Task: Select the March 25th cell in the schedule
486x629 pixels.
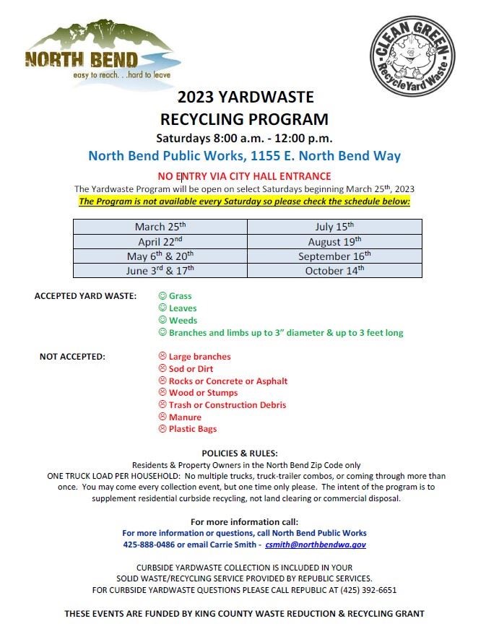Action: (160, 226)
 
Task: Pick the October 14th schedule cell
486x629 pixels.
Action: (334, 270)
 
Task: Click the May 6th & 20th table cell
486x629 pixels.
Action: (160, 256)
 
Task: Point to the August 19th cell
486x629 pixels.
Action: (334, 241)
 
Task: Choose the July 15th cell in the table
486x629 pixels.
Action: (334, 226)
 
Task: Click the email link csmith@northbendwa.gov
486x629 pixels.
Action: (316, 545)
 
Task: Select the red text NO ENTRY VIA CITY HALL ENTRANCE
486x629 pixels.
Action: (244, 176)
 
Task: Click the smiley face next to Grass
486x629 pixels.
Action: (162, 296)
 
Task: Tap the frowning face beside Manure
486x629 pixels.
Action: (162, 417)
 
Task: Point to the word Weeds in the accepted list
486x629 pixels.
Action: (183, 321)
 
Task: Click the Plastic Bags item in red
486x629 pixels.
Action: (193, 430)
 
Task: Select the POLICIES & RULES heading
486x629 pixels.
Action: (244, 453)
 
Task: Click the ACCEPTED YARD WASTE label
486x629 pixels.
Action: (85, 296)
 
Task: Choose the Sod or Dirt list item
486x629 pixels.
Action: (191, 369)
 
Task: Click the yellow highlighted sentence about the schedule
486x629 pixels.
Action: (244, 201)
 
